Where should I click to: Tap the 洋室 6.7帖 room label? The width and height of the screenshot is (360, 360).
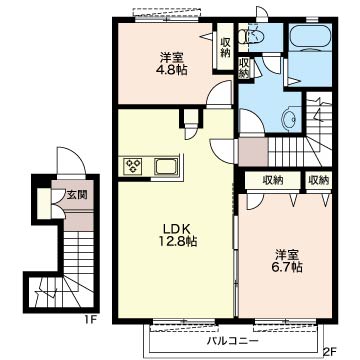pyautogui.click(x=289, y=261)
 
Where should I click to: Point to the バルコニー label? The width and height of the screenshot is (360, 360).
pyautogui.click(x=232, y=341)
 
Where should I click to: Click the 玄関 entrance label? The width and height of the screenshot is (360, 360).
pyautogui.click(x=77, y=195)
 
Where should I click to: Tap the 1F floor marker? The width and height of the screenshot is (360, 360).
pyautogui.click(x=90, y=320)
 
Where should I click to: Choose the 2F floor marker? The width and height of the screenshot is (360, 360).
pyautogui.click(x=329, y=351)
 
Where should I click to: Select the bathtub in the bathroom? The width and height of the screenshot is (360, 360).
pyautogui.click(x=310, y=38)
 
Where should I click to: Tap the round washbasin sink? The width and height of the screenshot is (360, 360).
pyautogui.click(x=289, y=118)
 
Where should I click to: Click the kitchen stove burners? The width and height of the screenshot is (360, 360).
pyautogui.click(x=133, y=165)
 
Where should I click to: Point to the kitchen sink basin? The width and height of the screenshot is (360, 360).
pyautogui.click(x=166, y=166)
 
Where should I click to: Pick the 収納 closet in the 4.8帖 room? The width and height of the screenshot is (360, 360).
pyautogui.click(x=226, y=47)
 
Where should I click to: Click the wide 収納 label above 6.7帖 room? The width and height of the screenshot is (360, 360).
pyautogui.click(x=273, y=180)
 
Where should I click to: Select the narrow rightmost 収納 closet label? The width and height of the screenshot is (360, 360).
pyautogui.click(x=319, y=180)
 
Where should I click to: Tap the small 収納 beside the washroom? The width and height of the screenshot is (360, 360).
pyautogui.click(x=244, y=68)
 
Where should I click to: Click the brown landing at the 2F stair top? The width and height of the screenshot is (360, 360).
pyautogui.click(x=253, y=152)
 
